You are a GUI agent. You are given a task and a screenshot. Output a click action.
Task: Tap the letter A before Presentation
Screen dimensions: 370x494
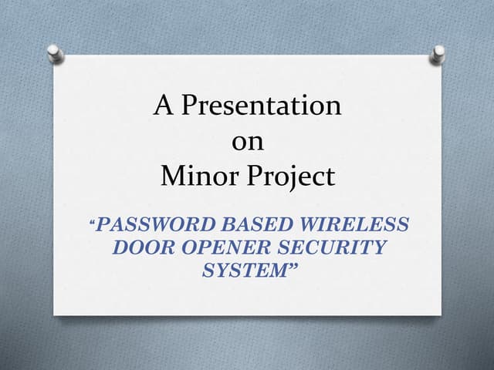point(163,105)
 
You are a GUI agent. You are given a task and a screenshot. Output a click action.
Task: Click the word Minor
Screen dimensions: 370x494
point(192,177)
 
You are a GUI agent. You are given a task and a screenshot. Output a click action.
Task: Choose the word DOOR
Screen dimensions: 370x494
point(140,247)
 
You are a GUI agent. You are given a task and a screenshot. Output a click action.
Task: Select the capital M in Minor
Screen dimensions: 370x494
point(171,177)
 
